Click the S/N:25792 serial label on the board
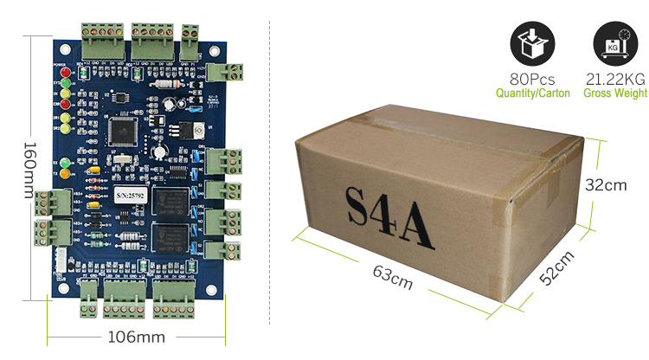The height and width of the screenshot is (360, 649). point(132,196)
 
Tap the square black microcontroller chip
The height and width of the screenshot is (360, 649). point(121,127)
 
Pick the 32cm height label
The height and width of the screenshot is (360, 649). point(606,185)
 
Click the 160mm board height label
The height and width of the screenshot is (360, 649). point(29,169)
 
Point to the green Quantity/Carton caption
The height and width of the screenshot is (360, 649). point(532,93)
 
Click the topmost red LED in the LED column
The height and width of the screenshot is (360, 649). point(61,73)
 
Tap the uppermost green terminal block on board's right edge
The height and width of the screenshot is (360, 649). point(229,70)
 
